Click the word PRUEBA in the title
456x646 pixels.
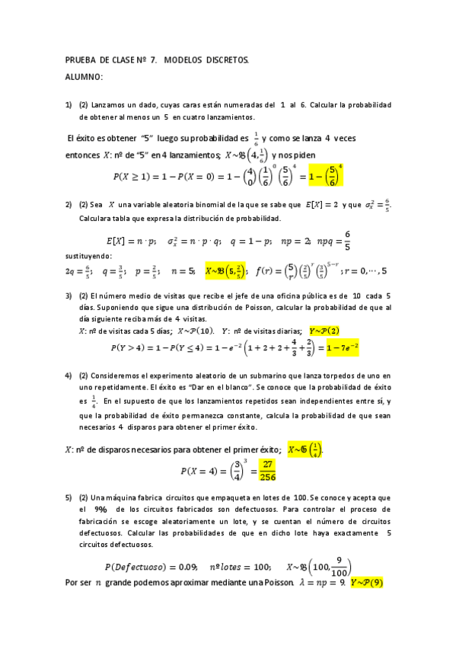[x=82, y=59]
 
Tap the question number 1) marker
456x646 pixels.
[x=69, y=104]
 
